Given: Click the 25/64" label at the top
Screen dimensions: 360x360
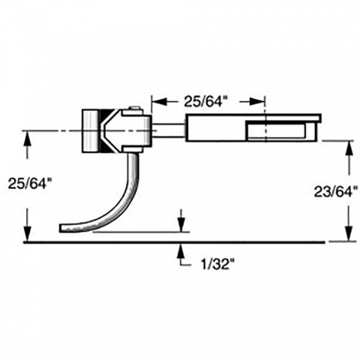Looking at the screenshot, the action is (x=203, y=101).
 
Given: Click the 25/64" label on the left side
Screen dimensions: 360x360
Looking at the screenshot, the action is (x=27, y=184).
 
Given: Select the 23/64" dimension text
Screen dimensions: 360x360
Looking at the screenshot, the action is (x=335, y=192).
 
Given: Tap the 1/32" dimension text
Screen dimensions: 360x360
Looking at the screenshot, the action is (x=215, y=264).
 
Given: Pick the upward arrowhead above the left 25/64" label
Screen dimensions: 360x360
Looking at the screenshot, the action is (x=27, y=138).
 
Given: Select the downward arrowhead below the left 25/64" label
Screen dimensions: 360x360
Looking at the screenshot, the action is (x=27, y=233).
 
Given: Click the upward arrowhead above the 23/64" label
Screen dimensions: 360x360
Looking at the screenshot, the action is (x=349, y=149).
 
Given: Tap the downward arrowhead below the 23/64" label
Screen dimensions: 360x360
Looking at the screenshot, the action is (x=349, y=233).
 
